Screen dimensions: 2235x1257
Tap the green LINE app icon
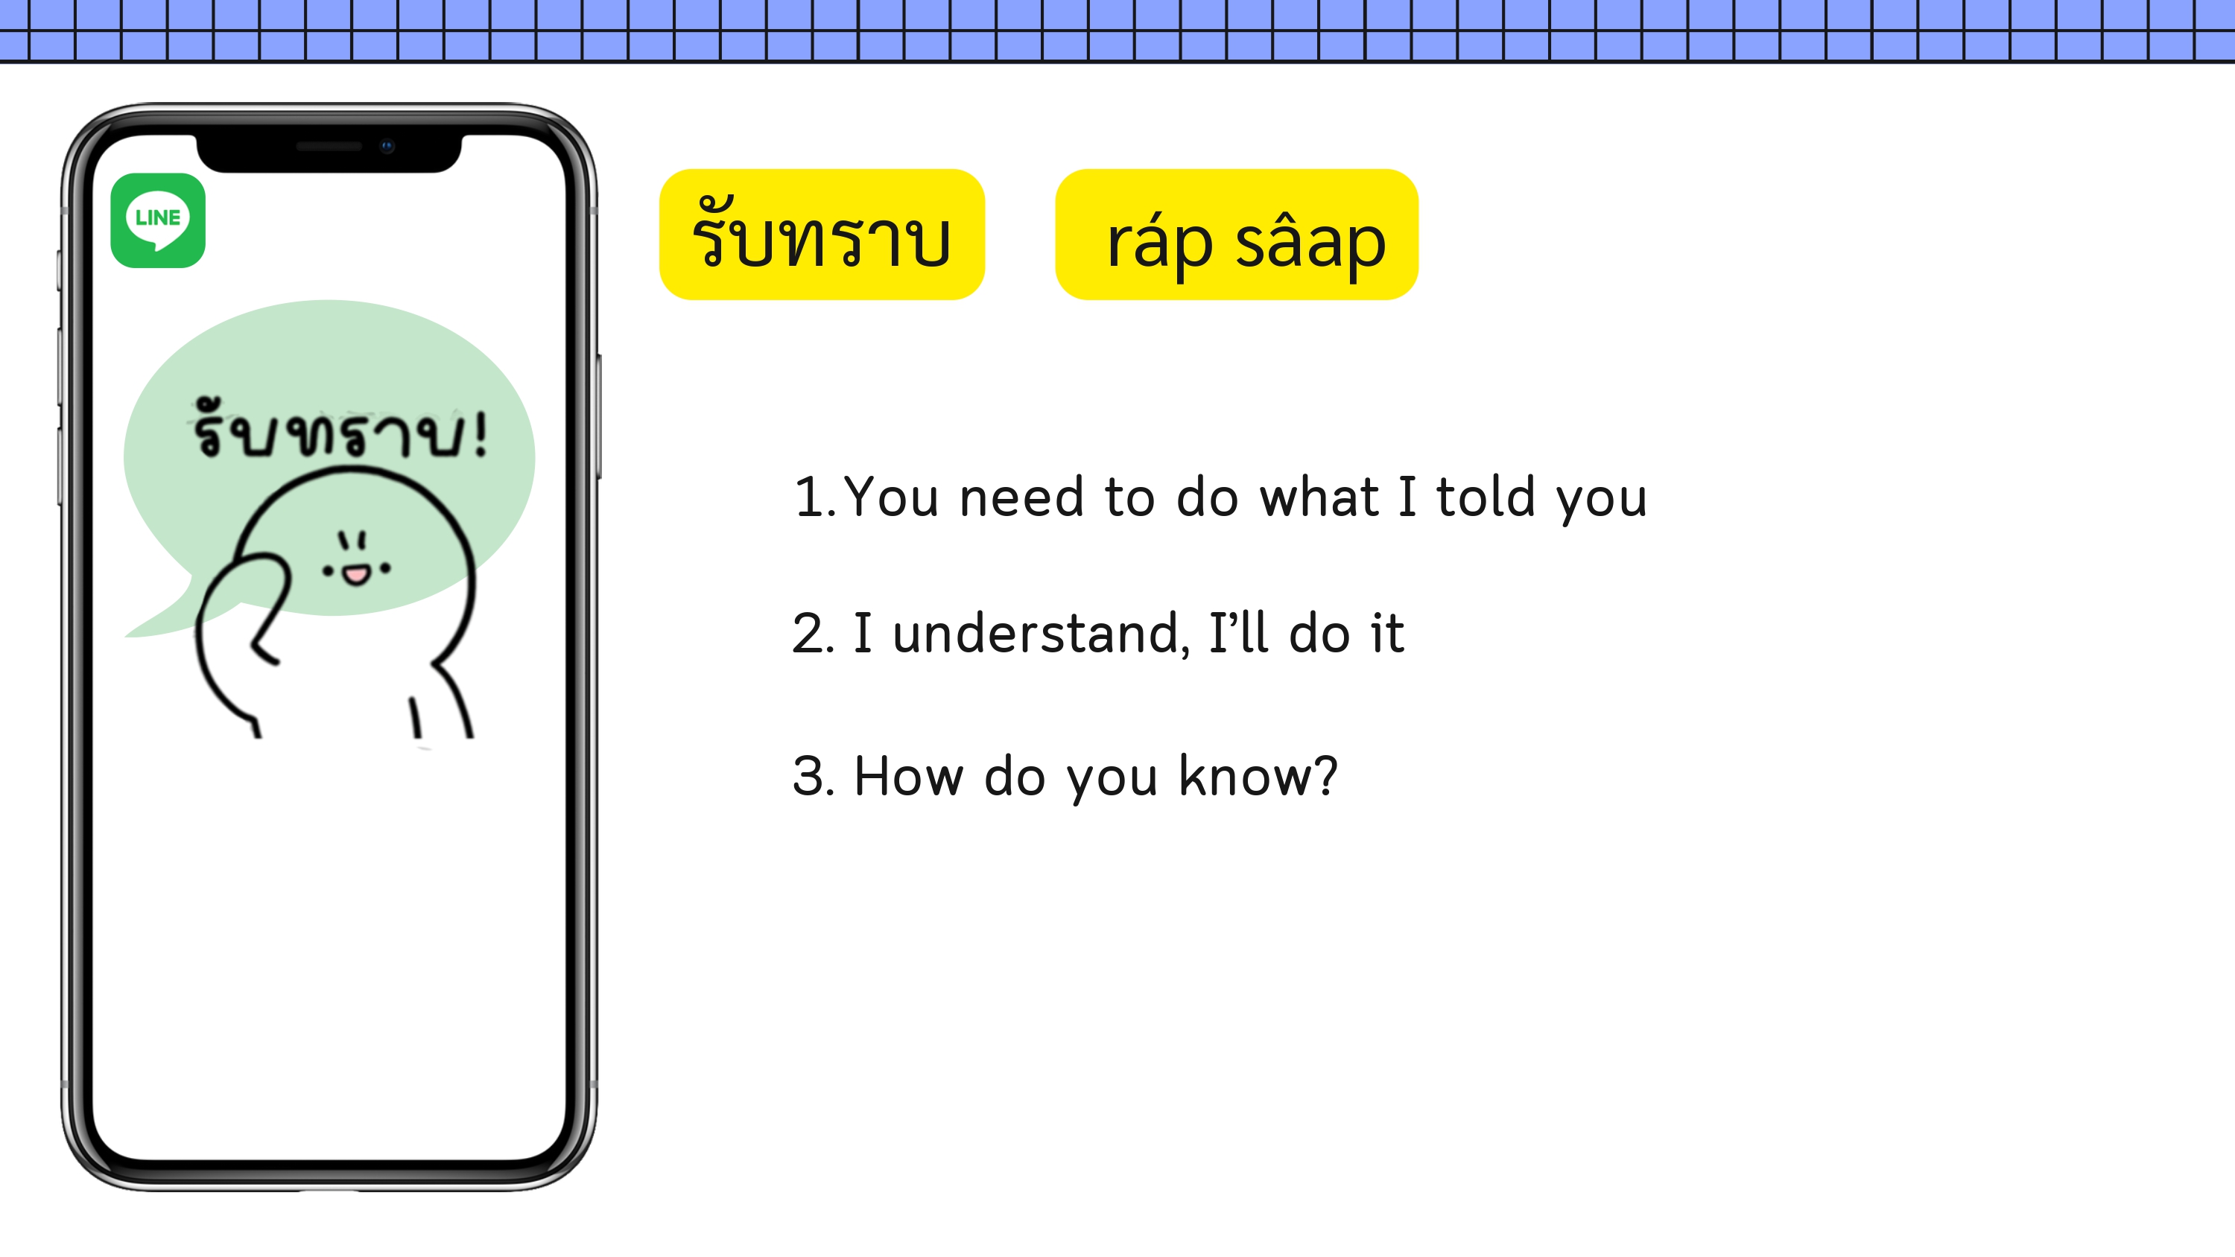[158, 220]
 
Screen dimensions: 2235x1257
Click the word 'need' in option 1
[1021, 497]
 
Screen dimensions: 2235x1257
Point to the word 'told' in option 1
[1486, 497]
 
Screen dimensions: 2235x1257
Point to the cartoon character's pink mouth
[355, 575]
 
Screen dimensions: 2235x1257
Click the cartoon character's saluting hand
[243, 607]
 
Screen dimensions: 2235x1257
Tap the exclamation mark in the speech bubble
[480, 433]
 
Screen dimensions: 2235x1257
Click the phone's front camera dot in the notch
[387, 146]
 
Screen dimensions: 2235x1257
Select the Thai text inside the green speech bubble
[339, 430]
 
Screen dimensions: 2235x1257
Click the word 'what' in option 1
[1319, 497]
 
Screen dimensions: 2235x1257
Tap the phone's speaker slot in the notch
[329, 147]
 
